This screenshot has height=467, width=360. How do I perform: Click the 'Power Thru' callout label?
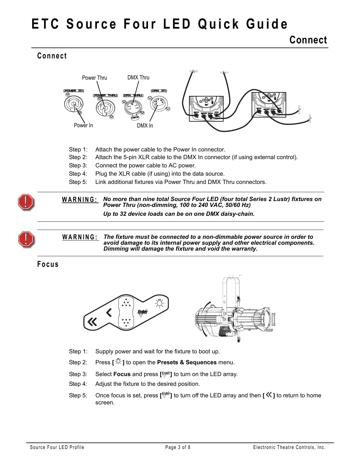(x=95, y=78)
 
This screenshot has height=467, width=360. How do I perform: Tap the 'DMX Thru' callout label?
(x=138, y=78)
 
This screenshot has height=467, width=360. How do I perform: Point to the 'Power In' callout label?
(x=83, y=125)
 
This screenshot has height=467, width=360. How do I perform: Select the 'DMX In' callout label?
(x=145, y=126)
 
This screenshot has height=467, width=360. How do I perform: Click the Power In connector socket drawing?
(x=74, y=104)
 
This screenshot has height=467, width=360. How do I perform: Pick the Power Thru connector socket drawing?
(x=105, y=108)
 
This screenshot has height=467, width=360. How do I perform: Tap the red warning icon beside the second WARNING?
(x=26, y=239)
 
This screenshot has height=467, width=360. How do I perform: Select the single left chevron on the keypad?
(x=109, y=312)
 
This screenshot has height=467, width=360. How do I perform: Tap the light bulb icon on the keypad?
(x=159, y=303)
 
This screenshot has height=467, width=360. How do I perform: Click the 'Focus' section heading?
(x=48, y=264)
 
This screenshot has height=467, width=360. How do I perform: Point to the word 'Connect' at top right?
(x=308, y=40)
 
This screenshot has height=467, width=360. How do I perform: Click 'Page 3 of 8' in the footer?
(x=178, y=448)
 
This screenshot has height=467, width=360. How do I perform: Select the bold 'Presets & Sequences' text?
(x=187, y=363)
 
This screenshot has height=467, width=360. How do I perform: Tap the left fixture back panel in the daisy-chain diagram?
(x=206, y=108)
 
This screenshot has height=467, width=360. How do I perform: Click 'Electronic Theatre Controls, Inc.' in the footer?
(x=289, y=448)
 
